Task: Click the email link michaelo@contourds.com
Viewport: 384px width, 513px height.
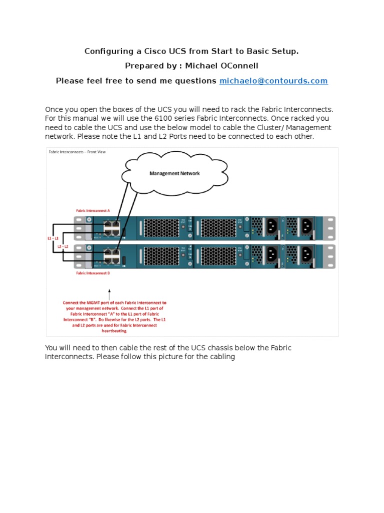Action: pyautogui.click(x=273, y=81)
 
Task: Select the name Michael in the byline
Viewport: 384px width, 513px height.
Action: pyautogui.click(x=202, y=66)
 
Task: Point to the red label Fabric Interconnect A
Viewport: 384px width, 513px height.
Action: pyautogui.click(x=93, y=211)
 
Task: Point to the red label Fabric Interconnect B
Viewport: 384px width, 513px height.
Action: pyautogui.click(x=93, y=274)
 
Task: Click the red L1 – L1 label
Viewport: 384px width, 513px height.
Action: pyautogui.click(x=53, y=238)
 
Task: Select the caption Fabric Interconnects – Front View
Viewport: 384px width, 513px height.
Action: pyautogui.click(x=80, y=151)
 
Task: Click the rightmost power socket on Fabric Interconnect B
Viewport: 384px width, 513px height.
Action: pyautogui.click(x=306, y=254)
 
